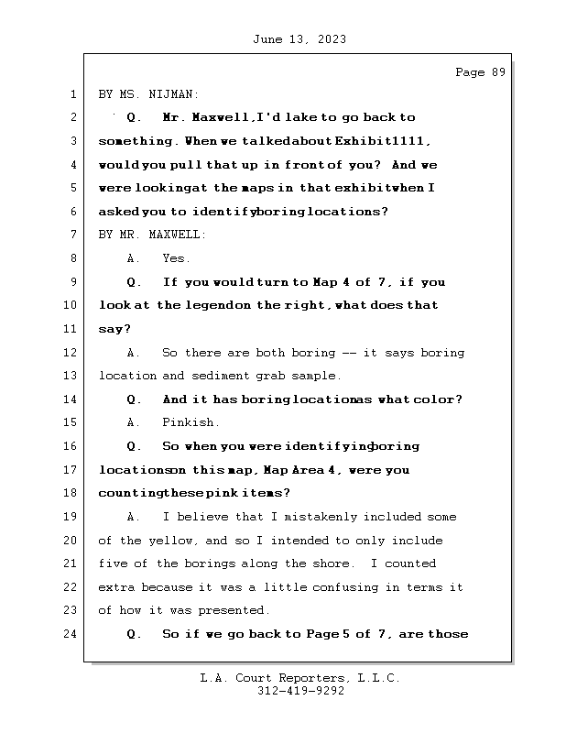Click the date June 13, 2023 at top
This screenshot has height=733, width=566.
click(x=298, y=39)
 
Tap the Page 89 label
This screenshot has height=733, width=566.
click(x=480, y=72)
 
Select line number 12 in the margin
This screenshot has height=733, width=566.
click(x=72, y=353)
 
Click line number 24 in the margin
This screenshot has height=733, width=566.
click(x=72, y=634)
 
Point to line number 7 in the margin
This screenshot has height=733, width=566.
click(x=72, y=235)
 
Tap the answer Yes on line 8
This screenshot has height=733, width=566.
click(x=176, y=258)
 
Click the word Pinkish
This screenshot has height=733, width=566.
click(x=190, y=422)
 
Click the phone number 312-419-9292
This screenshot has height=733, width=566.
click(x=299, y=692)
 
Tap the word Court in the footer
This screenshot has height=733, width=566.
click(x=254, y=678)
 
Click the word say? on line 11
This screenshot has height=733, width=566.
click(x=114, y=329)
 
